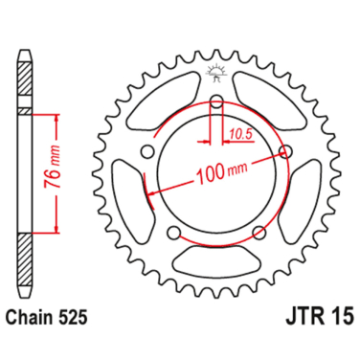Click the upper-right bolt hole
(x=284, y=150)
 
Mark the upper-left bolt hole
(x=147, y=150)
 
